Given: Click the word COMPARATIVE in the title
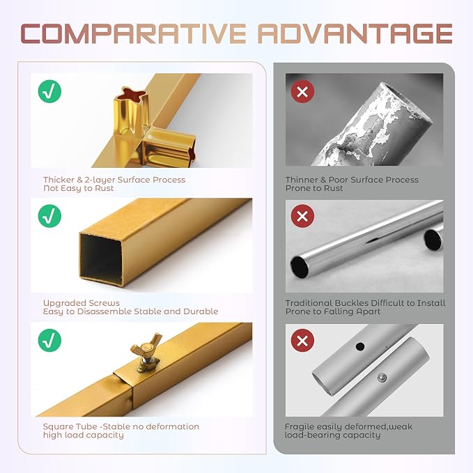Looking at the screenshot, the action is [x=133, y=33].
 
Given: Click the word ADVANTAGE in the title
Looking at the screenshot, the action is [x=356, y=33].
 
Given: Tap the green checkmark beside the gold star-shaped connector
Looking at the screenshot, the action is [x=49, y=91].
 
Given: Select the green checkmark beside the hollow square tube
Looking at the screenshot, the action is [x=49, y=216].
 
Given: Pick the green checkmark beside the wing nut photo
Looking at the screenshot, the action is [x=49, y=340].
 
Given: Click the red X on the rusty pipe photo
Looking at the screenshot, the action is [x=302, y=91].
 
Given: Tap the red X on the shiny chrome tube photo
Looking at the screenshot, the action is [x=302, y=216].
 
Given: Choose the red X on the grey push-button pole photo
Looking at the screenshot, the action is [x=302, y=341].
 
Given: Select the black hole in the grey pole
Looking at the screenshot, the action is [x=359, y=346].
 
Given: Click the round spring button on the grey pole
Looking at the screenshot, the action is [x=382, y=378].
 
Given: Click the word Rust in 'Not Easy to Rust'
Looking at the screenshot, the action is [x=104, y=188].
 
